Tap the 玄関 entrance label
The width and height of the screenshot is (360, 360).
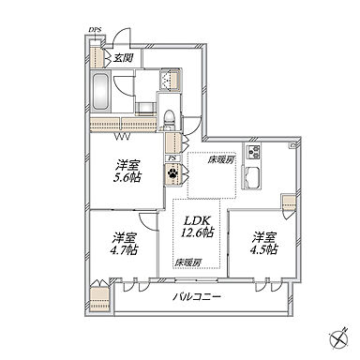pyautogui.click(x=123, y=58)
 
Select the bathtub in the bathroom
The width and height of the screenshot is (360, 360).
pyautogui.click(x=100, y=91)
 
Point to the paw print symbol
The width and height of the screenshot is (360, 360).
pyautogui.click(x=172, y=172)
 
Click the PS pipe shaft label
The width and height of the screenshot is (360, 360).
pyautogui.click(x=172, y=158)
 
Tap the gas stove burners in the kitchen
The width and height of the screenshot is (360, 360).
pyautogui.click(x=253, y=153)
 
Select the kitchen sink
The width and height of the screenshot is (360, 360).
pyautogui.click(x=252, y=178)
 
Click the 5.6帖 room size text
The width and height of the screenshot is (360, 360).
pyautogui.click(x=127, y=178)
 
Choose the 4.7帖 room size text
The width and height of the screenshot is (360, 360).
pyautogui.click(x=125, y=250)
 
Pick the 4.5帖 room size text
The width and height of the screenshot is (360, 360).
pyautogui.click(x=263, y=249)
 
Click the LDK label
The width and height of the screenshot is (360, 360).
pyautogui.click(x=196, y=221)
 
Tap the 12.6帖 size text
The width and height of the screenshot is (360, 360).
pyautogui.click(x=197, y=232)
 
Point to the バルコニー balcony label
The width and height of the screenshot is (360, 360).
pyautogui.click(x=197, y=296)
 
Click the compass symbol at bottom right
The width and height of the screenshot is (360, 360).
pyautogui.click(x=339, y=338)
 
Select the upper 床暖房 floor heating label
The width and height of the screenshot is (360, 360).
pyautogui.click(x=221, y=160)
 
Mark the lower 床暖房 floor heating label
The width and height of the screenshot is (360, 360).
pyautogui.click(x=187, y=262)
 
